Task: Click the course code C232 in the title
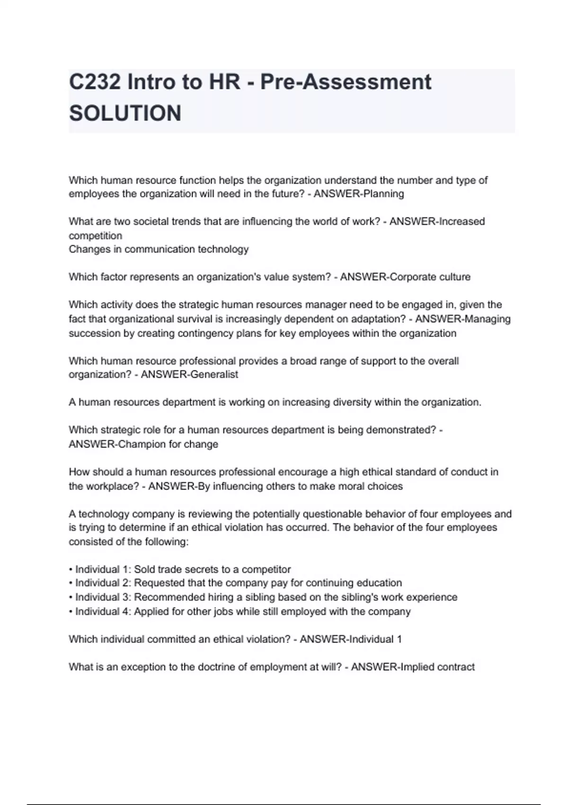(95, 82)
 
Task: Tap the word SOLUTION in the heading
(125, 113)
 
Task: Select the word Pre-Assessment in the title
(346, 82)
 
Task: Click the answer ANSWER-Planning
(359, 194)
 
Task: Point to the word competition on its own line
(95, 235)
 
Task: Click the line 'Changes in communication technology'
(159, 249)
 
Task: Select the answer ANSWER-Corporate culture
(405, 277)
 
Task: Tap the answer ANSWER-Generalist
(189, 375)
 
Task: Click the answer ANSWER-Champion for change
(143, 444)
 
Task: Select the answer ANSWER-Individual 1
(351, 639)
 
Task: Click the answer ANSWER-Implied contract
(413, 667)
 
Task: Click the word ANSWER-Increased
(437, 221)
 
